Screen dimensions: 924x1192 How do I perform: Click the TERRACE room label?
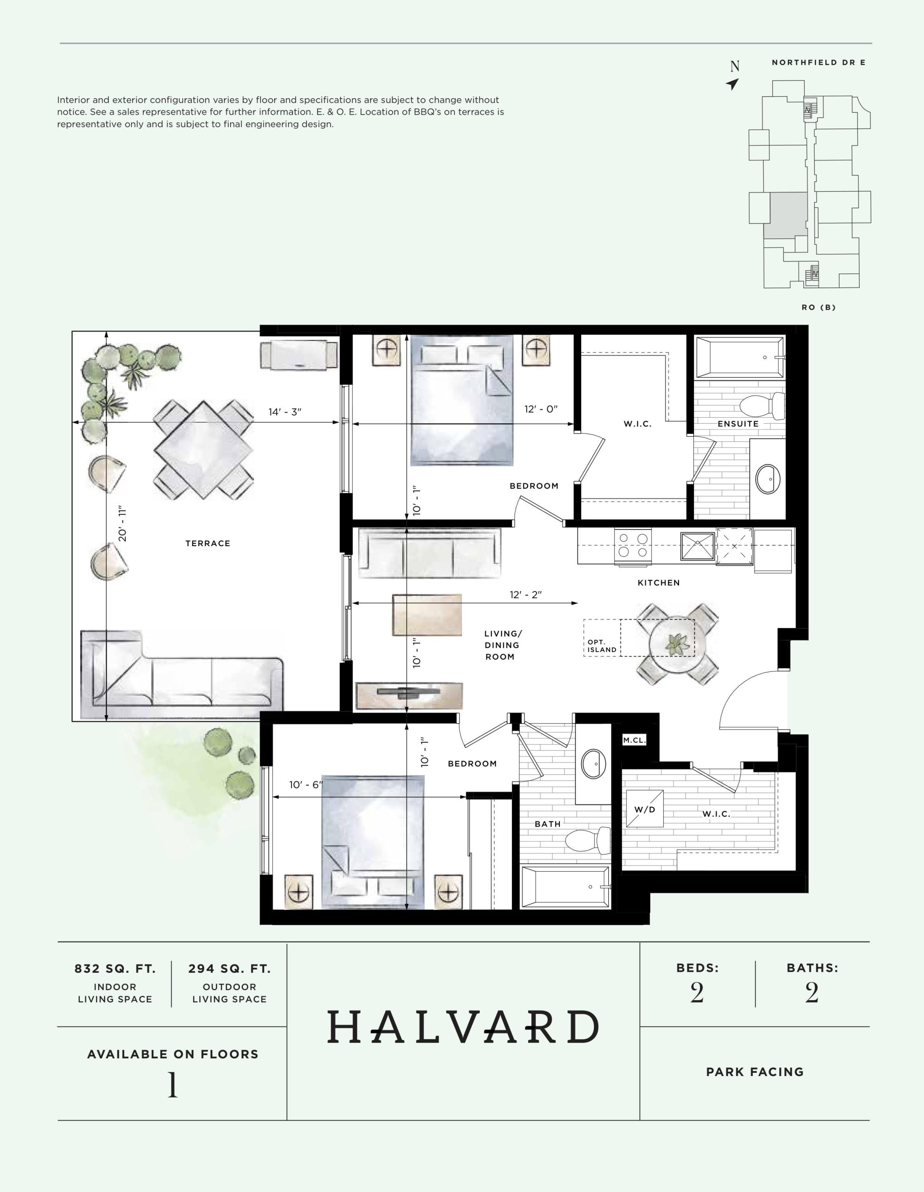pyautogui.click(x=208, y=543)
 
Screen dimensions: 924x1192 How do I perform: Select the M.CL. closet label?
pyautogui.click(x=634, y=741)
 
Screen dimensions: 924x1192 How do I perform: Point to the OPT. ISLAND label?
pyautogui.click(x=602, y=646)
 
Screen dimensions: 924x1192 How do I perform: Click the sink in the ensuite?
pyautogui.click(x=768, y=479)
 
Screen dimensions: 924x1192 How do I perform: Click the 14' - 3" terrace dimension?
pyautogui.click(x=285, y=412)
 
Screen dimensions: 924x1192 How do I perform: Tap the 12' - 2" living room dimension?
pyautogui.click(x=526, y=594)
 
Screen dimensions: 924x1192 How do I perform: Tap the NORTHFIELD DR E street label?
pyautogui.click(x=819, y=63)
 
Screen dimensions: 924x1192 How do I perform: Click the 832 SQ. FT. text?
pyautogui.click(x=115, y=969)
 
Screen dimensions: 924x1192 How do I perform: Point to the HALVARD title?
pyautogui.click(x=463, y=1027)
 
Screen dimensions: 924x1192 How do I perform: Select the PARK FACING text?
pyautogui.click(x=755, y=1071)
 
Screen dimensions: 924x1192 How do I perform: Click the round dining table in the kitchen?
pyautogui.click(x=677, y=644)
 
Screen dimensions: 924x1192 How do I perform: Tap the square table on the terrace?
pyautogui.click(x=204, y=450)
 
